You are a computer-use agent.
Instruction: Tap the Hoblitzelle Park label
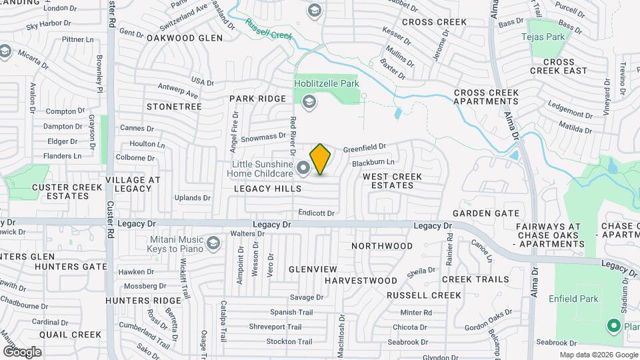327,83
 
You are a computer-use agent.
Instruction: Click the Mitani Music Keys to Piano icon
213,243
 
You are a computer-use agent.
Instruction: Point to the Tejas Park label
546,37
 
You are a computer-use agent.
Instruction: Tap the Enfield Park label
574,299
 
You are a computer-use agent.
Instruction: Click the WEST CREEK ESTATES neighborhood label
392,181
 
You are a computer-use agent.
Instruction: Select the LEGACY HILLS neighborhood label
267,189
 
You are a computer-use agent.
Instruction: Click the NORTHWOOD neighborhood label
382,246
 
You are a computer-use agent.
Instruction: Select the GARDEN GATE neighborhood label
485,213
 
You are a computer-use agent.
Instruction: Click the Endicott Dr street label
316,213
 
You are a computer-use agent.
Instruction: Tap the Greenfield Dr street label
365,147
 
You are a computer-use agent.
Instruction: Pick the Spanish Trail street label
291,312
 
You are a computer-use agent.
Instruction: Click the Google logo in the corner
21,351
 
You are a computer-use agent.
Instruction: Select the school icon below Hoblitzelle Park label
308,102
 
